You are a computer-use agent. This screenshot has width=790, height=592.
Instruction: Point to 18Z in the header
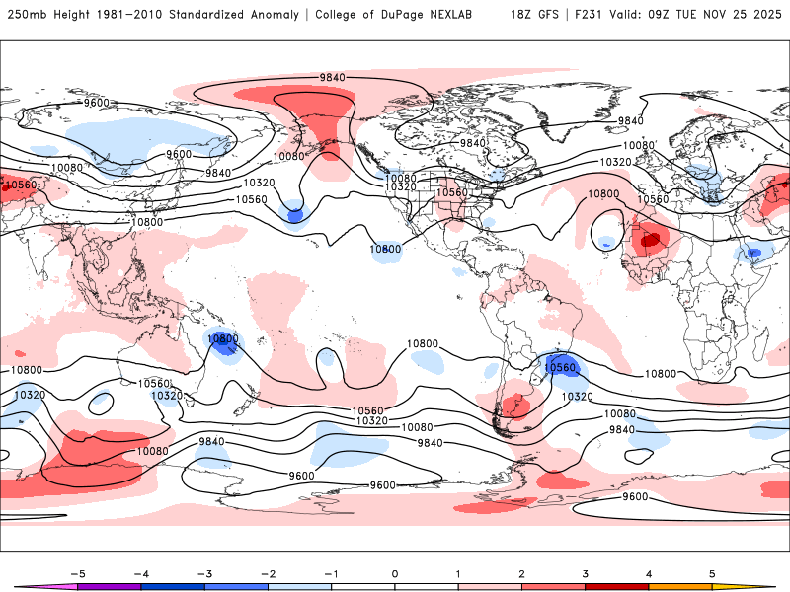pyautogui.click(x=523, y=15)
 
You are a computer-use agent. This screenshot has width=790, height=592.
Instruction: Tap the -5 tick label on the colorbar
pyautogui.click(x=76, y=572)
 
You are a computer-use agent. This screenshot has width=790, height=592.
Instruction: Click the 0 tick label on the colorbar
pyautogui.click(x=394, y=572)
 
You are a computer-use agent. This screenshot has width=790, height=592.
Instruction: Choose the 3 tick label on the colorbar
pyautogui.click(x=586, y=572)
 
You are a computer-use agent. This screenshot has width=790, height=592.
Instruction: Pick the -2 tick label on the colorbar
pyautogui.click(x=267, y=572)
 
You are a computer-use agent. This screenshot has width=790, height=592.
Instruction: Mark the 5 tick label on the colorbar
pyautogui.click(x=712, y=572)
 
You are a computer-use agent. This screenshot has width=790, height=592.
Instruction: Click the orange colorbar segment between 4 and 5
pyautogui.click(x=680, y=586)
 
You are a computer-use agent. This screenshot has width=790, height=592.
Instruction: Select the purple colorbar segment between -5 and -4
pyautogui.click(x=109, y=586)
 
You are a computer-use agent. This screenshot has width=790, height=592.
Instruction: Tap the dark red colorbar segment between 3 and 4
pyautogui.click(x=617, y=586)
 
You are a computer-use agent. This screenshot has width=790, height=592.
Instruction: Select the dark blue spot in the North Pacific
pyautogui.click(x=294, y=211)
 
